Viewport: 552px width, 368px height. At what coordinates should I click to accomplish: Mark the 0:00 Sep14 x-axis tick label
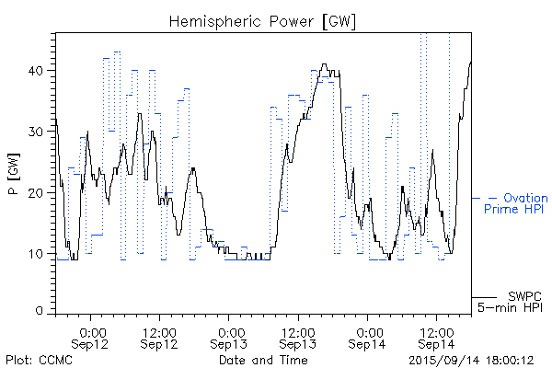point(369,336)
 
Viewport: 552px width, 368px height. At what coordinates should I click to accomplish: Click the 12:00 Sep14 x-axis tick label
point(437,336)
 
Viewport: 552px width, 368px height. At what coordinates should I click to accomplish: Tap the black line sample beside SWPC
point(485,297)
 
